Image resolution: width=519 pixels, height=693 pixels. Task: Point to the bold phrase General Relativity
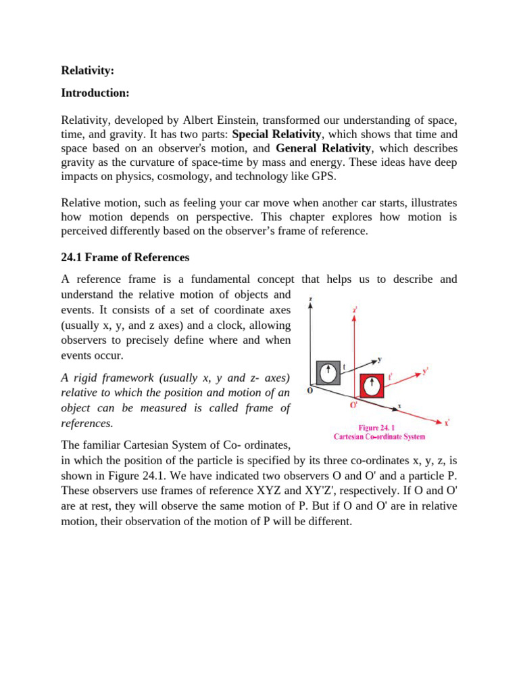(324, 148)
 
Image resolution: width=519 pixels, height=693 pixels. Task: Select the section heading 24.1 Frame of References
(125, 257)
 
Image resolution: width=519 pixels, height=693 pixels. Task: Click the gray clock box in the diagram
(328, 372)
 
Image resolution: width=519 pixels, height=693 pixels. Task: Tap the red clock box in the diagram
(372, 386)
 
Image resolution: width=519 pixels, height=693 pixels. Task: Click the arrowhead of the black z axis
(310, 305)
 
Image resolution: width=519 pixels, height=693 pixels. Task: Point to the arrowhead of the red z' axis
(354, 318)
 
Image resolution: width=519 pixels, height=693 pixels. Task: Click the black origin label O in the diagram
(310, 390)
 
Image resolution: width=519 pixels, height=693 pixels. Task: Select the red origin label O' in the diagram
(353, 405)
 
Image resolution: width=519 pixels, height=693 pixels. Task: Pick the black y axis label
(380, 359)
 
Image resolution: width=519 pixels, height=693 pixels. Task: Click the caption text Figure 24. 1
(379, 428)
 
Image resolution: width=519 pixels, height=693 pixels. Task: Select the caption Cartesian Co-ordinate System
(379, 437)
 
